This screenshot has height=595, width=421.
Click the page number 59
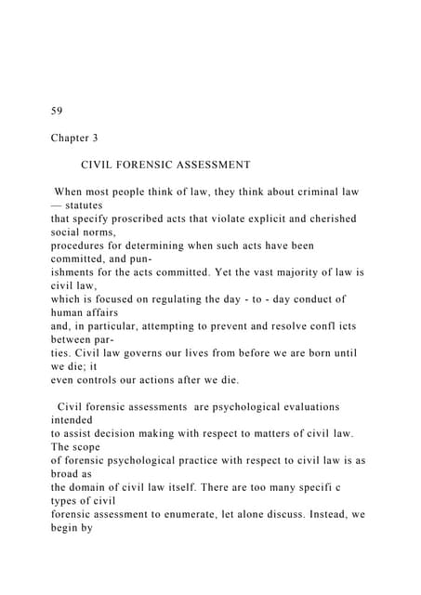pyautogui.click(x=57, y=111)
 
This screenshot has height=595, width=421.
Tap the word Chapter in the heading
pyautogui.click(x=71, y=138)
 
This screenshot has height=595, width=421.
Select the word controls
pyautogui.click(x=106, y=380)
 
